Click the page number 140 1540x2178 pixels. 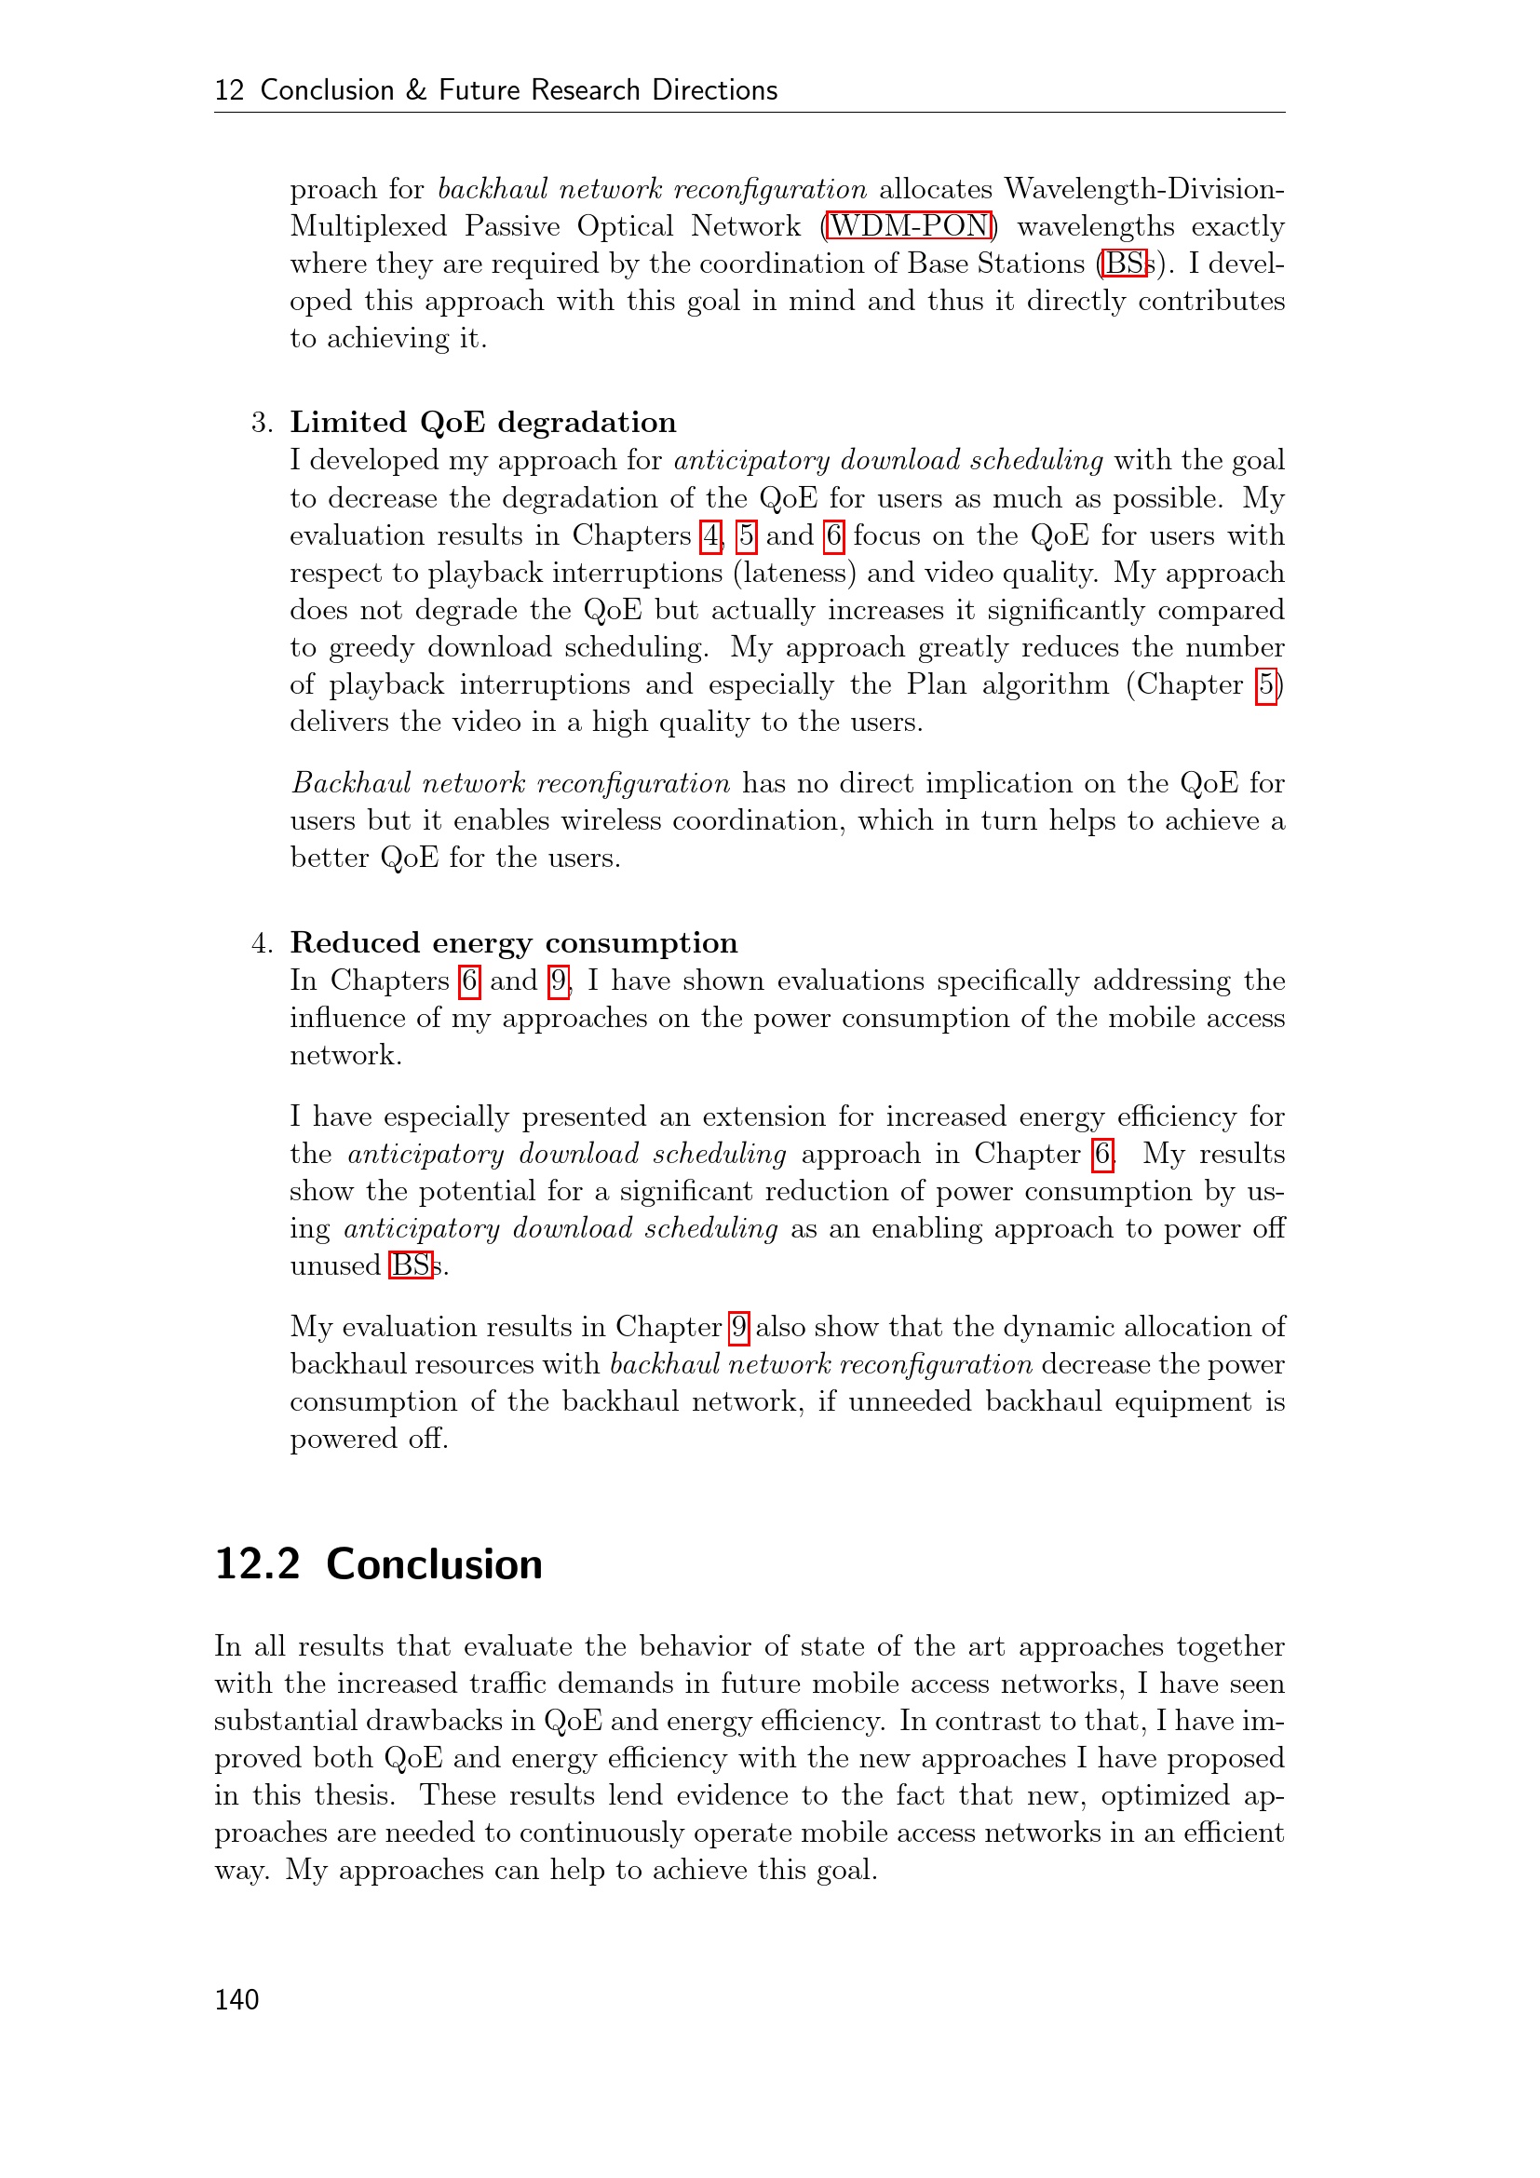(x=236, y=1999)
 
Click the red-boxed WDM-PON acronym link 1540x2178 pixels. (x=910, y=225)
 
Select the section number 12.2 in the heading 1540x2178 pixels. (x=257, y=1564)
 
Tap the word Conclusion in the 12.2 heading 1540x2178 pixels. (x=434, y=1564)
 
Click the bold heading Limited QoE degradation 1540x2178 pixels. (x=482, y=422)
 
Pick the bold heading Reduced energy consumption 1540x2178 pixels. (x=513, y=942)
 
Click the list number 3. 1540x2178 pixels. (x=262, y=422)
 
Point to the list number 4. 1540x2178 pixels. (x=262, y=943)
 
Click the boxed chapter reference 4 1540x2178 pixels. (x=710, y=536)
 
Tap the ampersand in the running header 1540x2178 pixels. (x=415, y=90)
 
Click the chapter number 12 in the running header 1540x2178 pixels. (x=229, y=90)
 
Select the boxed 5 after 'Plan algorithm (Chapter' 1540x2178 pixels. (x=1266, y=685)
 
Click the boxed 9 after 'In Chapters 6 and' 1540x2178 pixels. (x=559, y=981)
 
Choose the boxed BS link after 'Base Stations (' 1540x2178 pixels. (x=1125, y=264)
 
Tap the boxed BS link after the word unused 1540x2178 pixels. (x=411, y=1265)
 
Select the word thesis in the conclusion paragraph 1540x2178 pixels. (x=353, y=1794)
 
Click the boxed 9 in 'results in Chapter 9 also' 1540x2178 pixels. (x=738, y=1327)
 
